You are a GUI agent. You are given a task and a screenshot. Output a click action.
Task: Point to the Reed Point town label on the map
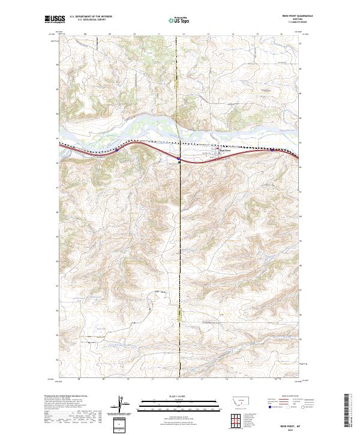pos(224,150)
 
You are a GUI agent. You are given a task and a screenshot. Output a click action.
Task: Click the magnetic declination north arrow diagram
pos(121,405)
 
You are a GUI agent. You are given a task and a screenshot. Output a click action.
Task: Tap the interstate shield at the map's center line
pos(179,159)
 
